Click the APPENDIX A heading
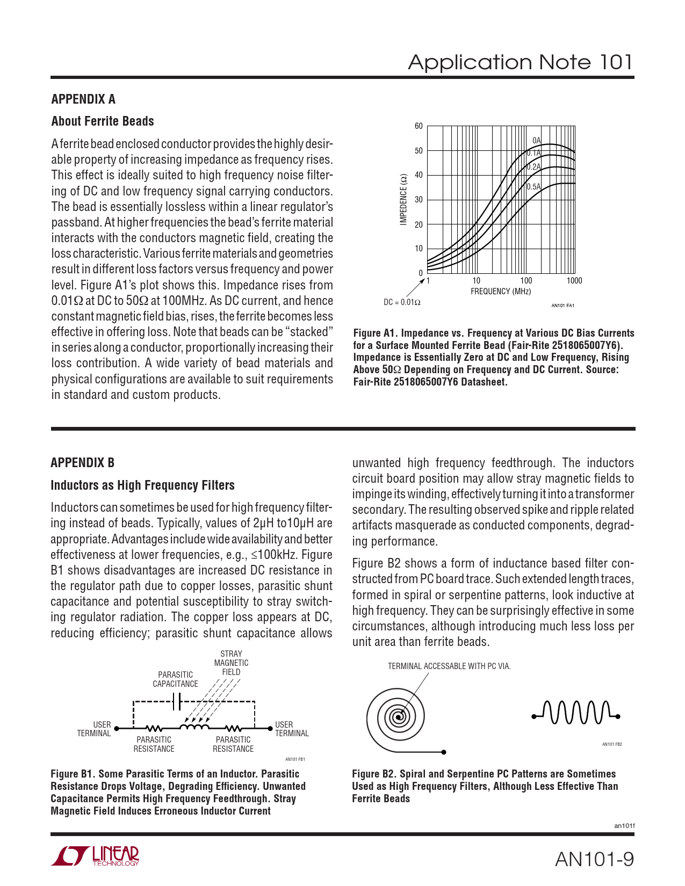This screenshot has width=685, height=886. point(83,99)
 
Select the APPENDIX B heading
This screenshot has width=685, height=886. point(82,463)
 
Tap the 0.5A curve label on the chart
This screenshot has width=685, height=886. point(533,187)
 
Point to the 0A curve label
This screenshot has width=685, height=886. point(537,141)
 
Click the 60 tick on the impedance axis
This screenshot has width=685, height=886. point(419,126)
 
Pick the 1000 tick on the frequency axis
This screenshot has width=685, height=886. point(574,280)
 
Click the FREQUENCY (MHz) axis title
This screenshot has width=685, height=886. point(501,292)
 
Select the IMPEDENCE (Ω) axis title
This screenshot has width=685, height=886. point(403,199)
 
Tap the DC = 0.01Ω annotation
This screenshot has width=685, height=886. point(402,302)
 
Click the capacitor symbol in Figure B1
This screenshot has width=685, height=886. point(177,701)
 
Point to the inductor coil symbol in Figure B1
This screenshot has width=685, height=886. point(194,728)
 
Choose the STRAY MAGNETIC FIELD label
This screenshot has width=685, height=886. point(231,663)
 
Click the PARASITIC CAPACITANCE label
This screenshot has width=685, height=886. point(175,679)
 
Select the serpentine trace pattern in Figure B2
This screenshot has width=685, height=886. point(575,713)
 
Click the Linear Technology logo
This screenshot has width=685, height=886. point(95,856)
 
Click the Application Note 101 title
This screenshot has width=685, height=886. point(520,62)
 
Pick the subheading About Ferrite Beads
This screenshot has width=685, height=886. point(103,121)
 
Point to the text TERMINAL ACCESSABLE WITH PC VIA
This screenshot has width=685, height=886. point(449,666)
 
